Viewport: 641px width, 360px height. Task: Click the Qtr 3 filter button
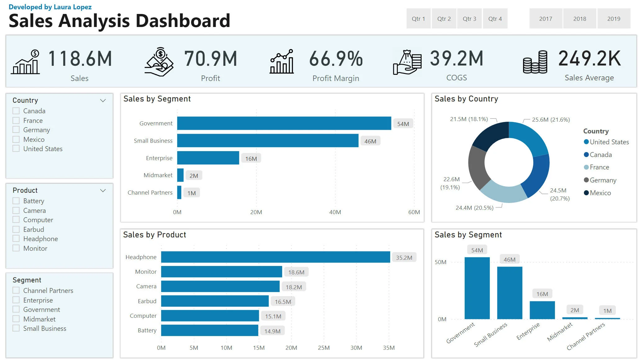[x=469, y=19]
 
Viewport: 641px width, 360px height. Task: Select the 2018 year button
[x=580, y=19]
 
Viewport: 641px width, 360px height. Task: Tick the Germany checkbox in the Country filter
[x=16, y=130]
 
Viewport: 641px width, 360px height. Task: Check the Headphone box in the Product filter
[x=16, y=239]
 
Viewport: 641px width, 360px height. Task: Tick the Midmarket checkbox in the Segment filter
[x=16, y=319]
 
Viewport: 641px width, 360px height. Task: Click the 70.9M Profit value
[x=210, y=59]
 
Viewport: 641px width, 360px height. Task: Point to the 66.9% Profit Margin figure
[x=336, y=59]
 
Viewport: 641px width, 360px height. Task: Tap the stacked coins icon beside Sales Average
[x=535, y=62]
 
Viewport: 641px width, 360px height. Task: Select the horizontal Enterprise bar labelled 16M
[x=208, y=158]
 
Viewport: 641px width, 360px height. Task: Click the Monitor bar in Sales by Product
[x=221, y=272]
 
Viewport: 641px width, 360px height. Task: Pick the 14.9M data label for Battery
[x=272, y=331]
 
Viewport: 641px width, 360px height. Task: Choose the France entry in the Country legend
[x=599, y=167]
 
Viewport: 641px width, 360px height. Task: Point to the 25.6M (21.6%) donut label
[x=551, y=120]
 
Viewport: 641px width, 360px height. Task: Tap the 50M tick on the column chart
[x=440, y=262]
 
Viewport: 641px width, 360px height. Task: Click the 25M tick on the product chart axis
[x=323, y=348]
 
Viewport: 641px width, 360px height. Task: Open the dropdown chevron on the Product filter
[x=103, y=190]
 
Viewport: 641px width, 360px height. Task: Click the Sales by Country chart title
[x=466, y=99]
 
